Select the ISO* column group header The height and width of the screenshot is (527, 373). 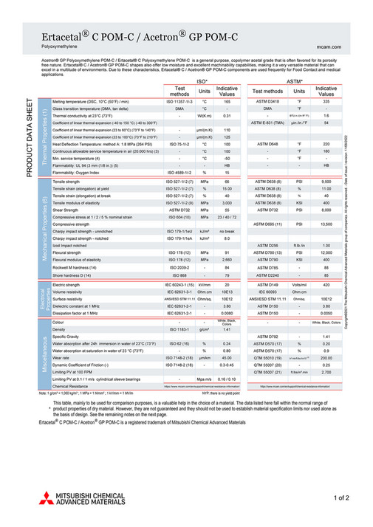[201, 80]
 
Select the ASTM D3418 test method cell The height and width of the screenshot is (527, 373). [267, 102]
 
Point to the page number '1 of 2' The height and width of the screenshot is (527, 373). [341, 498]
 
